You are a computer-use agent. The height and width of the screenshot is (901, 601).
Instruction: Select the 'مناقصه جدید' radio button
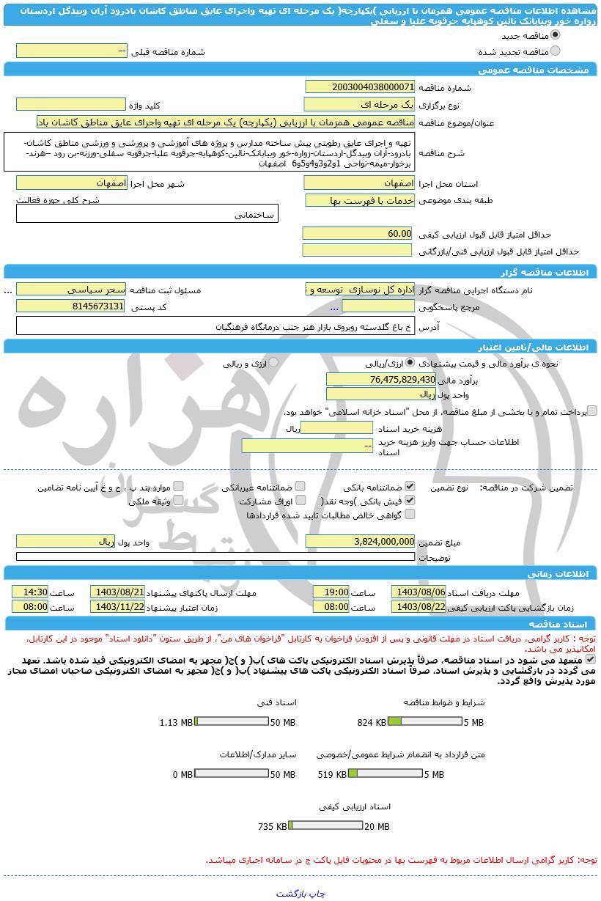click(x=555, y=35)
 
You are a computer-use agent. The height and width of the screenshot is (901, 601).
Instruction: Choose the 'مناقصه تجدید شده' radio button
click(x=555, y=51)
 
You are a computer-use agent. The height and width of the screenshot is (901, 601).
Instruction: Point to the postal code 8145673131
click(x=71, y=306)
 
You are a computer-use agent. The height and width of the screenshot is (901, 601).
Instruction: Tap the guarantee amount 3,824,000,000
click(x=359, y=541)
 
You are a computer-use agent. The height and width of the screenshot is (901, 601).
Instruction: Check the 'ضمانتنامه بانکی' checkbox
click(x=410, y=486)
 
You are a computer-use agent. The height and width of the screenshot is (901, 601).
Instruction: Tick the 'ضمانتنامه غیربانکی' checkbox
click(x=300, y=486)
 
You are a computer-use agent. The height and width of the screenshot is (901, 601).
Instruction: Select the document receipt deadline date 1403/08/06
click(x=419, y=592)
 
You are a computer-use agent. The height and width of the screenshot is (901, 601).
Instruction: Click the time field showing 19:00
click(x=331, y=592)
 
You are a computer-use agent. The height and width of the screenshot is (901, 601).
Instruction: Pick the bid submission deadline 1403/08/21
click(x=117, y=592)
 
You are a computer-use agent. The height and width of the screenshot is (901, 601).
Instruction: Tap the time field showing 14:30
click(x=30, y=592)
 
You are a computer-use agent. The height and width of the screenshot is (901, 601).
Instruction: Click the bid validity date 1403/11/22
click(x=117, y=607)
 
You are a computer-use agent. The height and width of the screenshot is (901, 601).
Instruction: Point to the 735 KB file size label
click(x=272, y=826)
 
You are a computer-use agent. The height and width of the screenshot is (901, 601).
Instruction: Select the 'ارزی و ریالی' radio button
click(x=273, y=362)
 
